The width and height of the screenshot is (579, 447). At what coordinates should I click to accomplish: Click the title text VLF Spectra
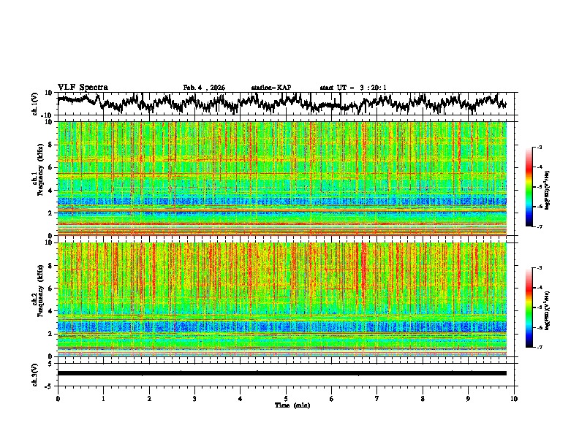(x=83, y=88)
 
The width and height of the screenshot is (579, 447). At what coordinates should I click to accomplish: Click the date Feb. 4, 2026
(x=204, y=88)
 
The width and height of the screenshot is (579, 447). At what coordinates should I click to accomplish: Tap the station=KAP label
(x=270, y=88)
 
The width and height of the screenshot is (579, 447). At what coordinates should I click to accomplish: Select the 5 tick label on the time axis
(x=286, y=399)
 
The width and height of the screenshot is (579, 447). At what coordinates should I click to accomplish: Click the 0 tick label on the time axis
(x=58, y=399)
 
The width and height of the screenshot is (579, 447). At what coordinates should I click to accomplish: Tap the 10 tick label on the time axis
(x=514, y=399)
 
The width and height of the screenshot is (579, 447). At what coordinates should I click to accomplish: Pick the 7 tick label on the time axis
(x=377, y=399)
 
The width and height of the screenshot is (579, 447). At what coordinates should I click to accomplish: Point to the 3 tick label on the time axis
(x=194, y=399)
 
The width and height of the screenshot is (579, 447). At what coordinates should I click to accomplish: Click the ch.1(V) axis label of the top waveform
(x=35, y=104)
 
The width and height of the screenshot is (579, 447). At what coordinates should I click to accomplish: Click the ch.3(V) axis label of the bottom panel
(x=35, y=373)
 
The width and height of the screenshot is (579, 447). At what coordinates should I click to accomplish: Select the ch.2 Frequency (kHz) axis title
(x=37, y=298)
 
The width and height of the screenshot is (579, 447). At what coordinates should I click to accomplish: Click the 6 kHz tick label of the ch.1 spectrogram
(x=50, y=167)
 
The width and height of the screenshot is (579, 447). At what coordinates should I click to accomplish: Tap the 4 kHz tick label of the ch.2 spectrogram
(x=50, y=310)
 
